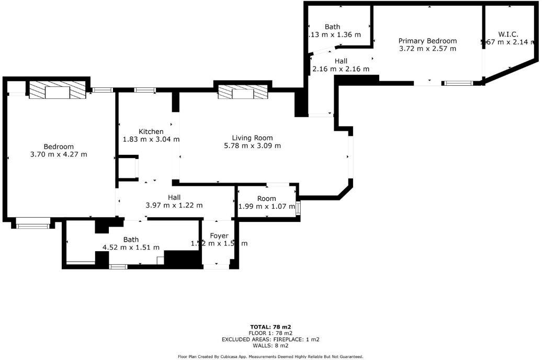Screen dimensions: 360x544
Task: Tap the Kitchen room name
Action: point(151,131)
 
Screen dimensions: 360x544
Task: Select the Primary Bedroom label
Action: point(427,41)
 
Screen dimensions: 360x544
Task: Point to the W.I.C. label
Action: point(508,34)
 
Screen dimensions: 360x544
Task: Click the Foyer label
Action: point(219,236)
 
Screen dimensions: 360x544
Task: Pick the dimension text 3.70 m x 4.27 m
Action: point(59,154)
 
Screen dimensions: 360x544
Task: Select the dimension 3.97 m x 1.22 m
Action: point(174,205)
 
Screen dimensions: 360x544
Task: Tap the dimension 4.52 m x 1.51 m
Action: point(131,248)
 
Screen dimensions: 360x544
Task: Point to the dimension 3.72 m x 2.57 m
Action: point(427,49)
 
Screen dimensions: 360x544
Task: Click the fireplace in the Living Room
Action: point(243,93)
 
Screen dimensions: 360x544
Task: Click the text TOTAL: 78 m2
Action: point(270,327)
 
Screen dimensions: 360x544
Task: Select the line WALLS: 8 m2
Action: point(270,345)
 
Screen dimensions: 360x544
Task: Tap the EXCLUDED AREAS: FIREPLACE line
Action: point(270,339)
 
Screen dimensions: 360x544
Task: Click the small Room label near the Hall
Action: point(266,199)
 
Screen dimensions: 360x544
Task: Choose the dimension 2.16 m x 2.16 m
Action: point(341,69)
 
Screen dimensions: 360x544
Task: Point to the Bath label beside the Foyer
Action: point(131,240)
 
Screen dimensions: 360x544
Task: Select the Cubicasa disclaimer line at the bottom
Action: point(270,356)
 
